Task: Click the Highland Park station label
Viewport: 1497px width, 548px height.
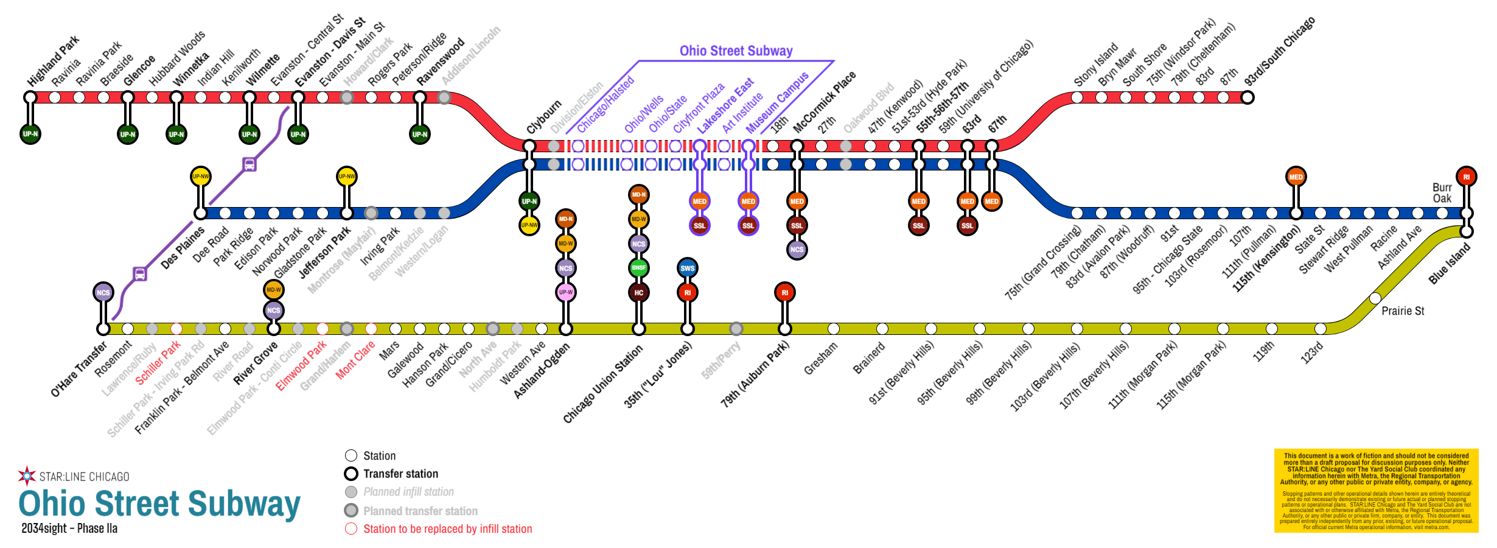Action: coord(54,61)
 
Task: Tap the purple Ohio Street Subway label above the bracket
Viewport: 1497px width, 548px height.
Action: coord(736,51)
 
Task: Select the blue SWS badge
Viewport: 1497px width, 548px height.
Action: coord(687,268)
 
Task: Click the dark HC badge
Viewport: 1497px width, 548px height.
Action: coord(638,292)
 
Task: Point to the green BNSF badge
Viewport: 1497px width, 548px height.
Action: coord(638,268)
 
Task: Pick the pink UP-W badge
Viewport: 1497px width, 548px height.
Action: coord(565,292)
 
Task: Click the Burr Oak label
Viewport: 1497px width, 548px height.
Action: coord(1442,193)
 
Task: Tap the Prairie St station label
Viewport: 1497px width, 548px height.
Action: coord(1403,311)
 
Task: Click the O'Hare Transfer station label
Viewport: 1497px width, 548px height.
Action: coord(79,370)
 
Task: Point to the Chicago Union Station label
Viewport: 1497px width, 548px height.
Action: coord(602,384)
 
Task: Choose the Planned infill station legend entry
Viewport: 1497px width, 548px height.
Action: coord(408,492)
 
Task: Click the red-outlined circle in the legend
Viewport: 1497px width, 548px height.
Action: coord(351,529)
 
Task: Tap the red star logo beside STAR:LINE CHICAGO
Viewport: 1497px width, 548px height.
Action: coord(27,476)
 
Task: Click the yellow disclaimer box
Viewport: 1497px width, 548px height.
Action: coord(1376,491)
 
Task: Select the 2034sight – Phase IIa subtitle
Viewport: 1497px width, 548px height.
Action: coord(69,529)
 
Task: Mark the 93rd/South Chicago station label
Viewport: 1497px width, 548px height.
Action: coord(1279,52)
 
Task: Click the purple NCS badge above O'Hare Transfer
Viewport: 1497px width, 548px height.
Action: coord(103,292)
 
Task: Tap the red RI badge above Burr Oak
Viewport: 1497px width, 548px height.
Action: coord(1466,177)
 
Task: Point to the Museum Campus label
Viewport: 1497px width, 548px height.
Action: coord(778,102)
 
